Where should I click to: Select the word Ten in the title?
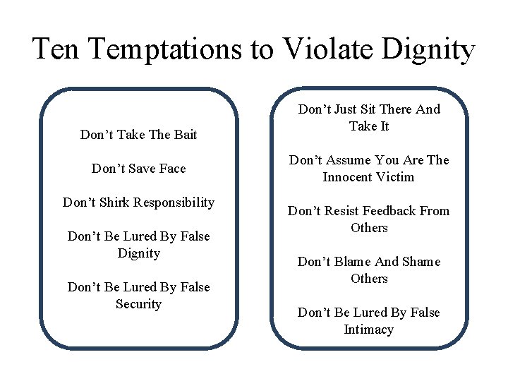[x=55, y=49]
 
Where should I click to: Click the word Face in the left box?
[x=172, y=168]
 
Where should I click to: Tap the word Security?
[x=138, y=304]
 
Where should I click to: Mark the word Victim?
[x=397, y=177]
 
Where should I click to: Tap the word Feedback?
[x=392, y=211]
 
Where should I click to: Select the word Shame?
[x=421, y=262]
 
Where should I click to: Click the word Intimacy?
[x=368, y=329]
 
